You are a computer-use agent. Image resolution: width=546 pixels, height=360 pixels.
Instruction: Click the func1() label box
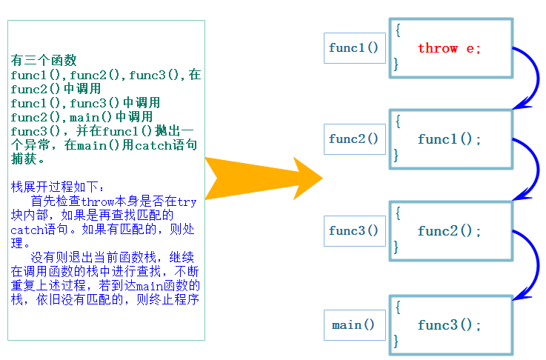[x=354, y=48]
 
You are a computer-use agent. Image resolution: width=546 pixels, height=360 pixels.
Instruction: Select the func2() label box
[x=354, y=139]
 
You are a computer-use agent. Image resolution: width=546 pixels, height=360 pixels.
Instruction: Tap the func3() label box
[x=354, y=230]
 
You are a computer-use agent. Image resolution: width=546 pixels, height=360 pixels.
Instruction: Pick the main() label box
[x=354, y=325]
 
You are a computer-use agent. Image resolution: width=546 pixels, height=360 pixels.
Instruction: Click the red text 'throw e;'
[x=449, y=48]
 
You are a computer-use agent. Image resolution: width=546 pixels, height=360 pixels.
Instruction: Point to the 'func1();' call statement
[x=449, y=139]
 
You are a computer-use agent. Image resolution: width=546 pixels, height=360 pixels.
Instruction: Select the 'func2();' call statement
[x=449, y=230]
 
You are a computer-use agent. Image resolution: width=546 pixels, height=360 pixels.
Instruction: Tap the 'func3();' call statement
[x=449, y=325]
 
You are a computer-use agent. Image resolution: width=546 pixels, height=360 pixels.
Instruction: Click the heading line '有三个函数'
[x=44, y=61]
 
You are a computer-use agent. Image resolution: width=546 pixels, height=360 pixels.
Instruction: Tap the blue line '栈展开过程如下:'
[x=59, y=187]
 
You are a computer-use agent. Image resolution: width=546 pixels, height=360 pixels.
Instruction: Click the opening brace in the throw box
[x=398, y=30]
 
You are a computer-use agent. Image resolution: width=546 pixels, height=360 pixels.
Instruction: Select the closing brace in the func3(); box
[x=396, y=341]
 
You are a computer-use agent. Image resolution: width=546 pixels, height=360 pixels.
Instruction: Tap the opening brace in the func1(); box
[x=398, y=121]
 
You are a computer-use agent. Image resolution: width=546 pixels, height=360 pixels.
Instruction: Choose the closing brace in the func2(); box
[x=396, y=248]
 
